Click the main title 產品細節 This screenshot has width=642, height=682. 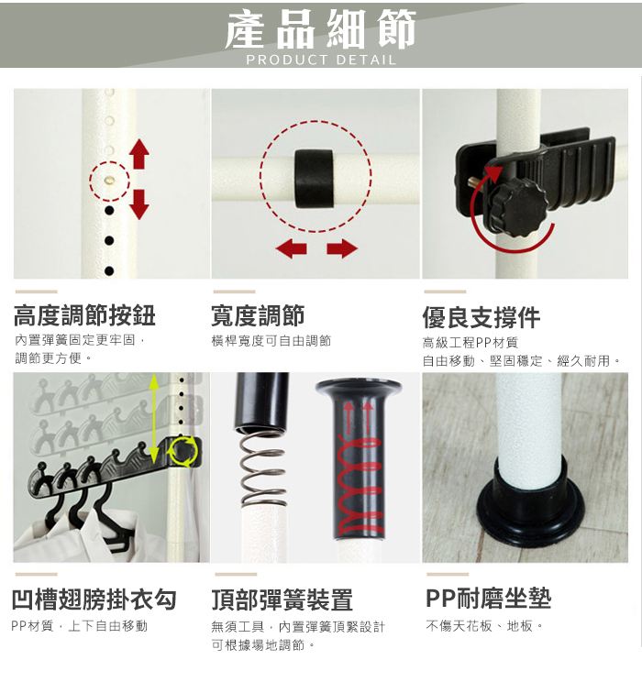pyautogui.click(x=321, y=29)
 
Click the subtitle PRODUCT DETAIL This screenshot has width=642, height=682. pyautogui.click(x=321, y=60)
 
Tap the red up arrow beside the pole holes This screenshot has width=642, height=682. pyautogui.click(x=139, y=153)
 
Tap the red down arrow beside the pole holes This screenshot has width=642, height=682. pyautogui.click(x=139, y=204)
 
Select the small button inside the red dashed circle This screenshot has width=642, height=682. pyautogui.click(x=110, y=179)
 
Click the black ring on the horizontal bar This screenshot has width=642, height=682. pyautogui.click(x=314, y=179)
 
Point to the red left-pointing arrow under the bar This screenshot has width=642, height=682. pyautogui.click(x=291, y=248)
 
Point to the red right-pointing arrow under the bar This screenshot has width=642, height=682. pyautogui.click(x=342, y=248)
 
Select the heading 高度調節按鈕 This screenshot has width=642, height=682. pyautogui.click(x=84, y=315)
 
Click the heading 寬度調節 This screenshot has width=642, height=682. pyautogui.click(x=258, y=315)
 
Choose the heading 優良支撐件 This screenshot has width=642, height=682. pyautogui.click(x=481, y=317)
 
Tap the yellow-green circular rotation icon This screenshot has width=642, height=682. pyautogui.click(x=183, y=451)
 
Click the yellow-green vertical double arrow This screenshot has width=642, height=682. pyautogui.click(x=153, y=418)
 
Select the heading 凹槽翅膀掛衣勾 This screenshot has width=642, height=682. pyautogui.click(x=94, y=599)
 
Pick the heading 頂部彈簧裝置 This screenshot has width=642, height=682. pyautogui.click(x=282, y=599)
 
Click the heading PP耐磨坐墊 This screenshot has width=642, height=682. pyautogui.click(x=488, y=599)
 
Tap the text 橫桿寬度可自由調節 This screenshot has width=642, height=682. pyautogui.click(x=271, y=341)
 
